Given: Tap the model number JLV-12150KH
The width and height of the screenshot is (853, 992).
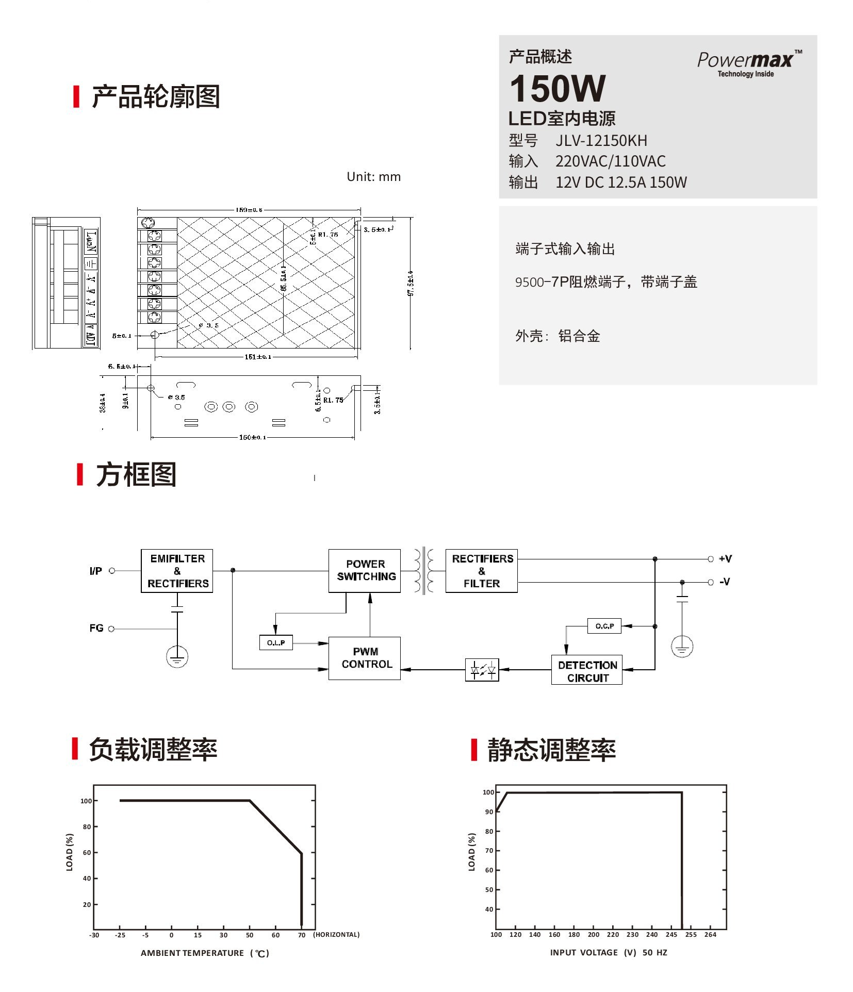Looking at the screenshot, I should [x=601, y=141].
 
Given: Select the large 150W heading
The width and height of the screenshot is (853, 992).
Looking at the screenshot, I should [x=557, y=89].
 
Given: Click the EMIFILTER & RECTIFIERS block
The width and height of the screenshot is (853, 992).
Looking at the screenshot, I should [x=177, y=571].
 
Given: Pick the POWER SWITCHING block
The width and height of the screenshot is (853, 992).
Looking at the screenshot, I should [x=365, y=571].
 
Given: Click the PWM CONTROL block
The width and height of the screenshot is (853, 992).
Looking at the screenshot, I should [x=365, y=658].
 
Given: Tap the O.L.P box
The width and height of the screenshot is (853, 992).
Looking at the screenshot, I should [x=276, y=642].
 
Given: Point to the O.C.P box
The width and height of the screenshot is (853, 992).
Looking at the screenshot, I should [x=604, y=626].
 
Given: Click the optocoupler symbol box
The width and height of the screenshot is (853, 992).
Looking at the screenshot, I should [x=482, y=670].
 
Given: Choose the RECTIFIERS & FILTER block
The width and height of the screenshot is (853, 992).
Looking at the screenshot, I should [x=482, y=571].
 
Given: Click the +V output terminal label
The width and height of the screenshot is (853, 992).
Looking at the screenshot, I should [x=725, y=559].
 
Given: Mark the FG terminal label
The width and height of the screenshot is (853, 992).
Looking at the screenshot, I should [x=96, y=628].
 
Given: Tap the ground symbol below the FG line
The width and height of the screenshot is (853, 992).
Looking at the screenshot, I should [x=177, y=657].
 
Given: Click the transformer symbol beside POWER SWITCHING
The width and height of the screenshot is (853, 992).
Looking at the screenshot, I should [x=423, y=571].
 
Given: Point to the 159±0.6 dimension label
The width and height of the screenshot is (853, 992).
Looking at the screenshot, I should [x=249, y=210].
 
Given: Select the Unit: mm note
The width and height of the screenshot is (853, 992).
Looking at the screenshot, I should [x=373, y=177].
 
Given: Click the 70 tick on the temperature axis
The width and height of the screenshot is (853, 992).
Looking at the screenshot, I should [x=302, y=935].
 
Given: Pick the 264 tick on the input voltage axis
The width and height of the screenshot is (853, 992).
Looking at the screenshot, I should [x=710, y=934].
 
